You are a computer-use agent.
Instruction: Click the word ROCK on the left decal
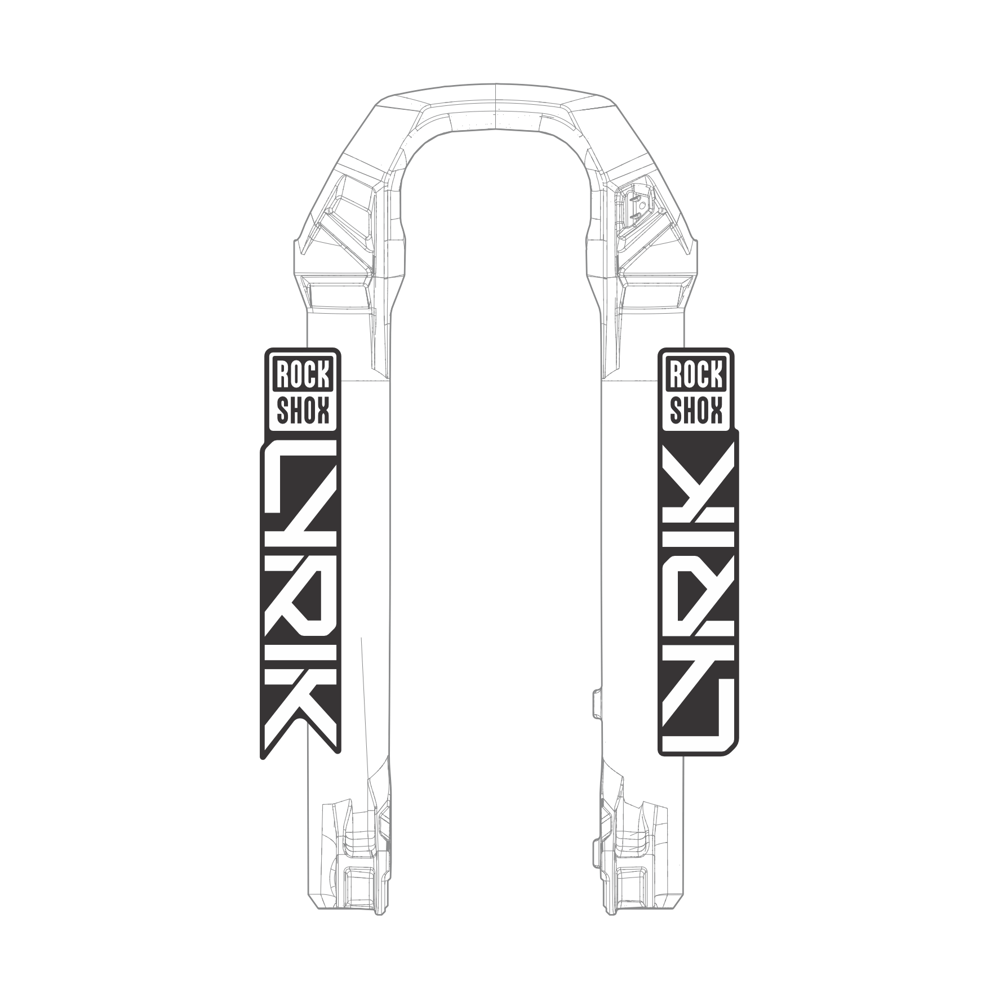(x=302, y=373)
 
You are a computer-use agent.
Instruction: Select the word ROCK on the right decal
(x=696, y=373)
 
